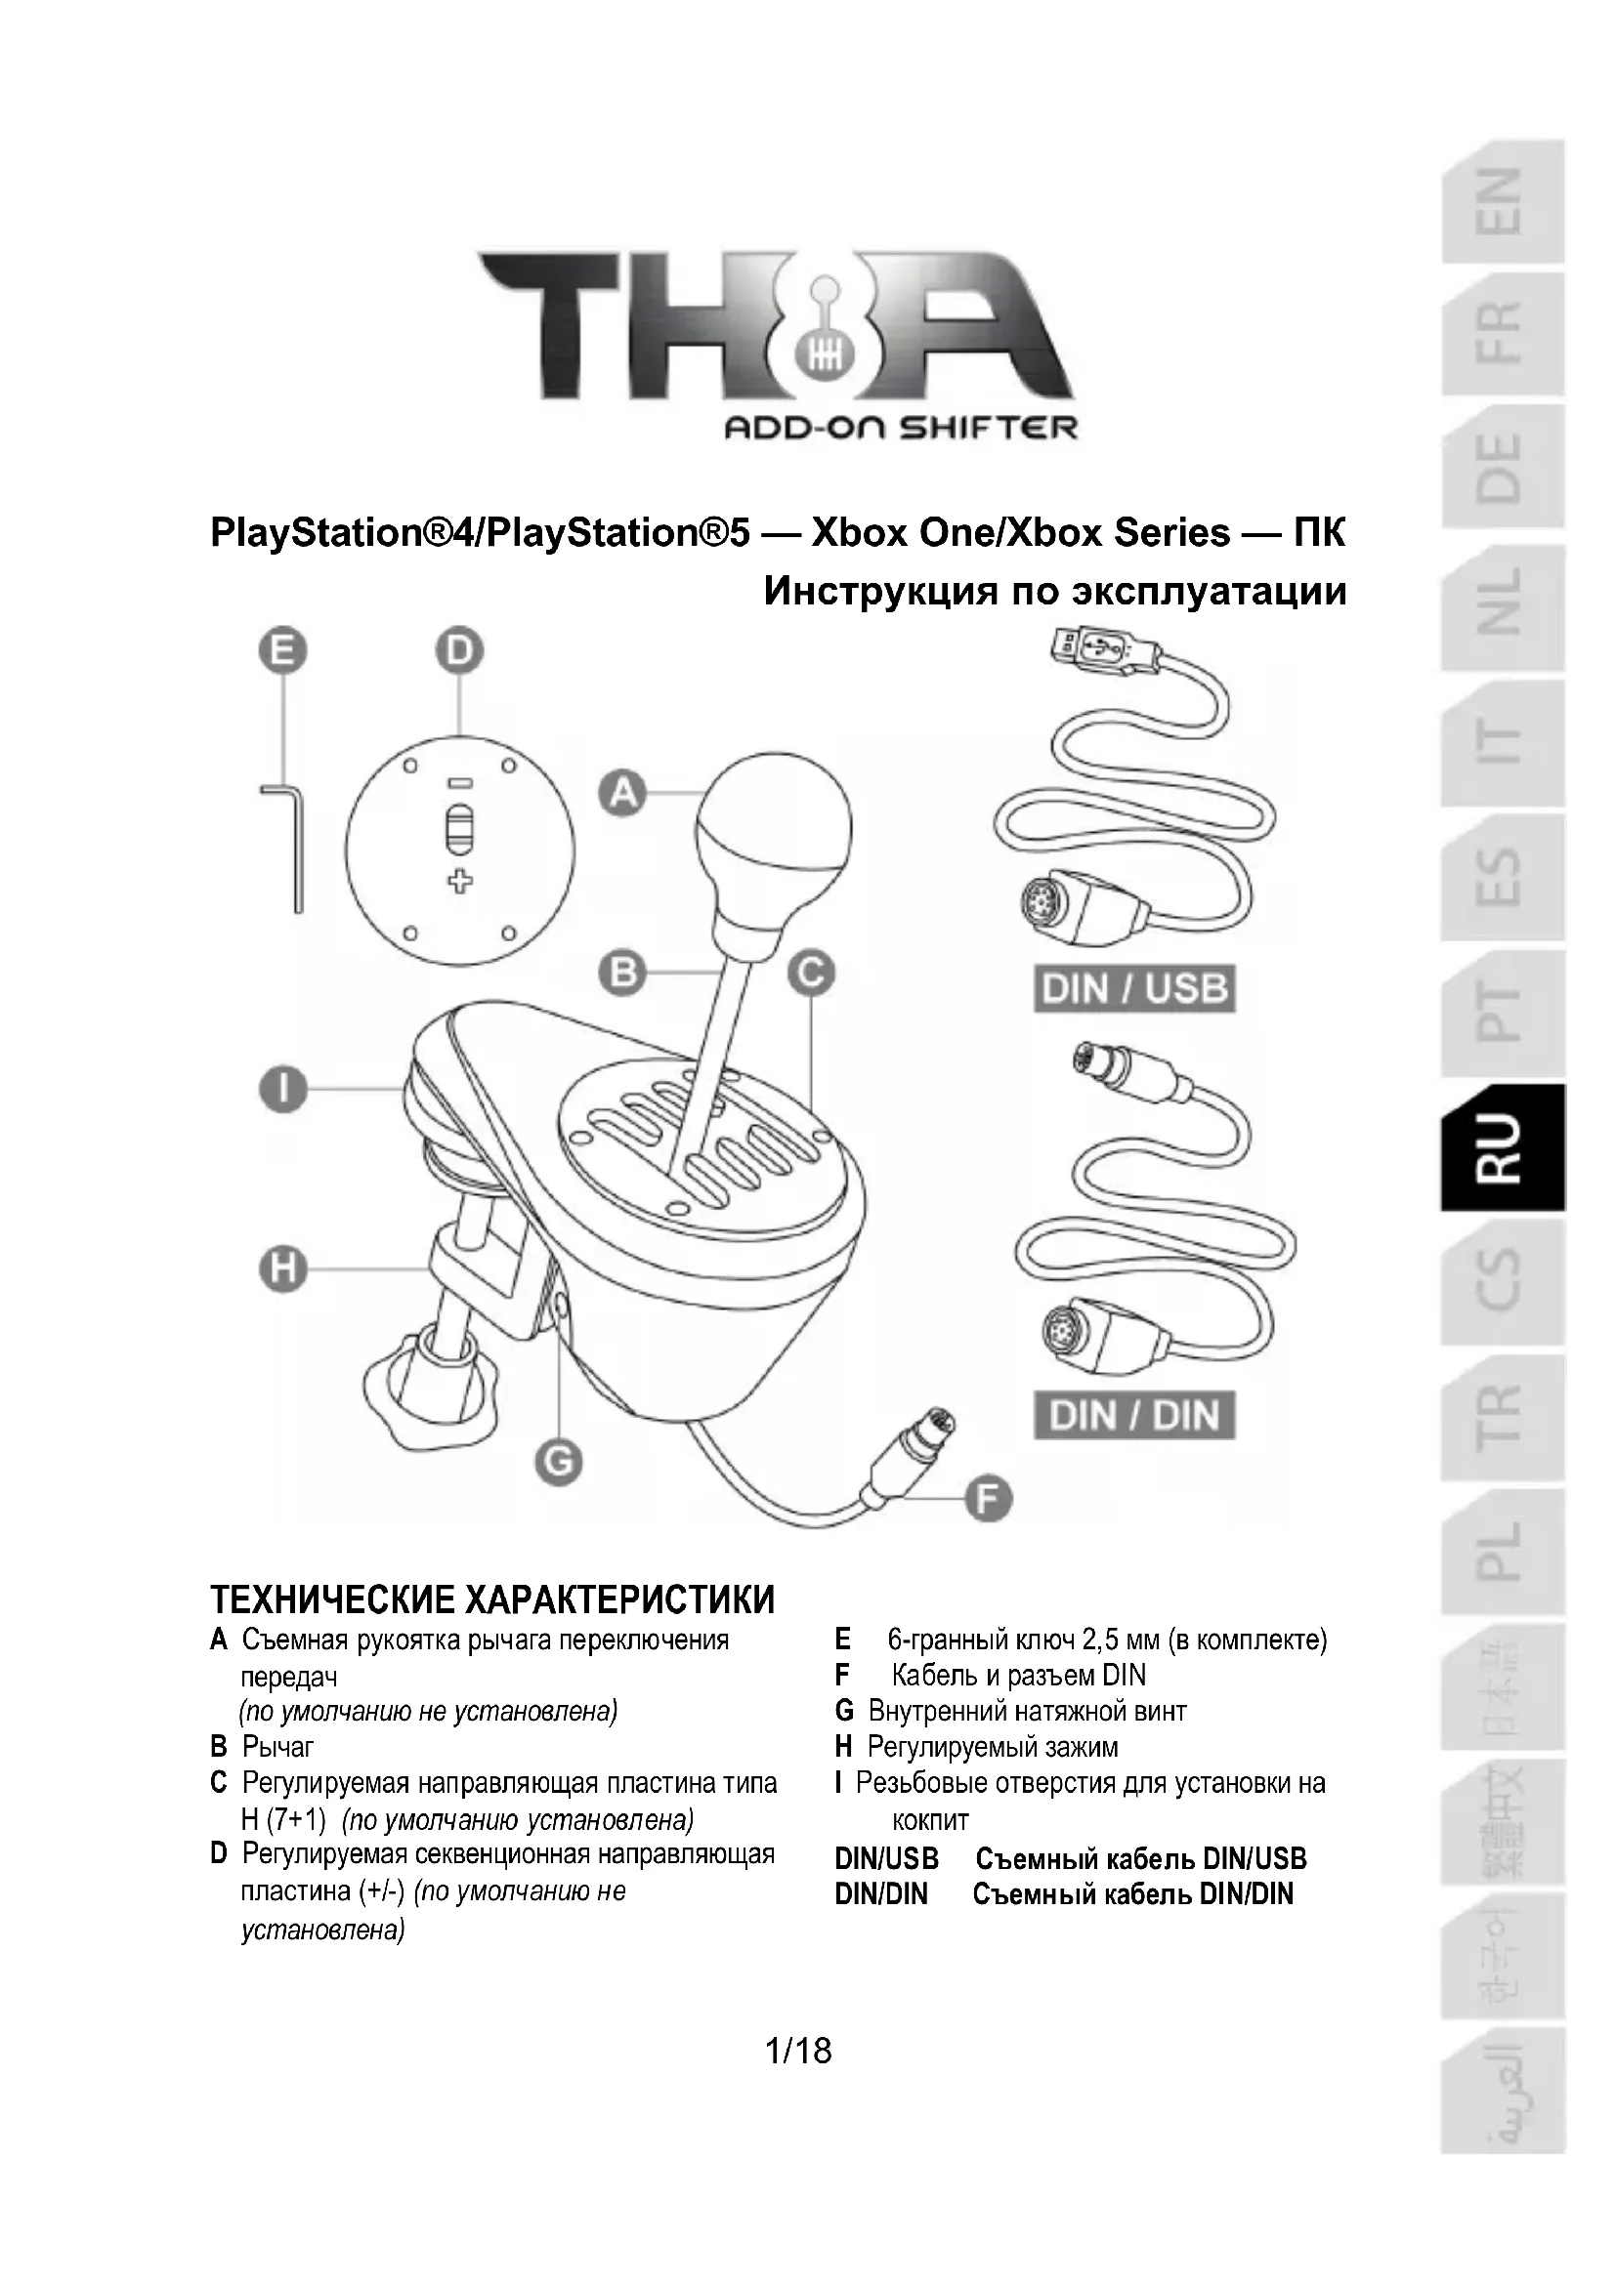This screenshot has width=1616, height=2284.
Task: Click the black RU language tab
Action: click(1503, 1146)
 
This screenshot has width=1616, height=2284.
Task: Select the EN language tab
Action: click(1503, 202)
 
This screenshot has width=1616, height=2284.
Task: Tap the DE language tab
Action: click(1503, 468)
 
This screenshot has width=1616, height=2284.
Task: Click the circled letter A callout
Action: click(623, 793)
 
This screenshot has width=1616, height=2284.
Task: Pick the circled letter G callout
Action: click(558, 1463)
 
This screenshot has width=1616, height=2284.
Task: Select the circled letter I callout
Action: click(283, 1090)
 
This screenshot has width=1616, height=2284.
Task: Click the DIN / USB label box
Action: click(1133, 990)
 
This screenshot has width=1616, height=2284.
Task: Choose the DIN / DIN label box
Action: click(1133, 1416)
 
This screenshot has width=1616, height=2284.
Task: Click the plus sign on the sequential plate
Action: click(459, 881)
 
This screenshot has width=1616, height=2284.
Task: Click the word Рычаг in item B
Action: click(277, 1746)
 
